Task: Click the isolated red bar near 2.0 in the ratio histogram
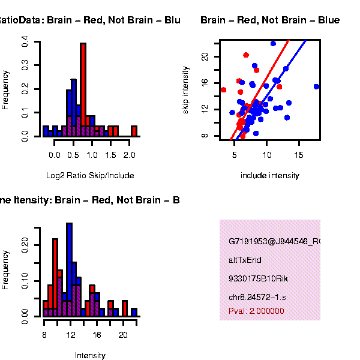(134, 131)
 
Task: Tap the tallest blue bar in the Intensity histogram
(69, 270)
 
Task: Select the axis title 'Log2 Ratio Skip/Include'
(90, 176)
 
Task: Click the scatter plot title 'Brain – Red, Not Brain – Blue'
(270, 20)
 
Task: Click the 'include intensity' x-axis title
(269, 176)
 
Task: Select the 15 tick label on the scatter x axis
(299, 154)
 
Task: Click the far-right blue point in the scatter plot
(316, 86)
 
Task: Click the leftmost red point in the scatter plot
(223, 90)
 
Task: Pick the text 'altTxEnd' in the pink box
(245, 260)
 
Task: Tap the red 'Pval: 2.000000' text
(256, 311)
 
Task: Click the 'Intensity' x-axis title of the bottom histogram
(90, 356)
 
